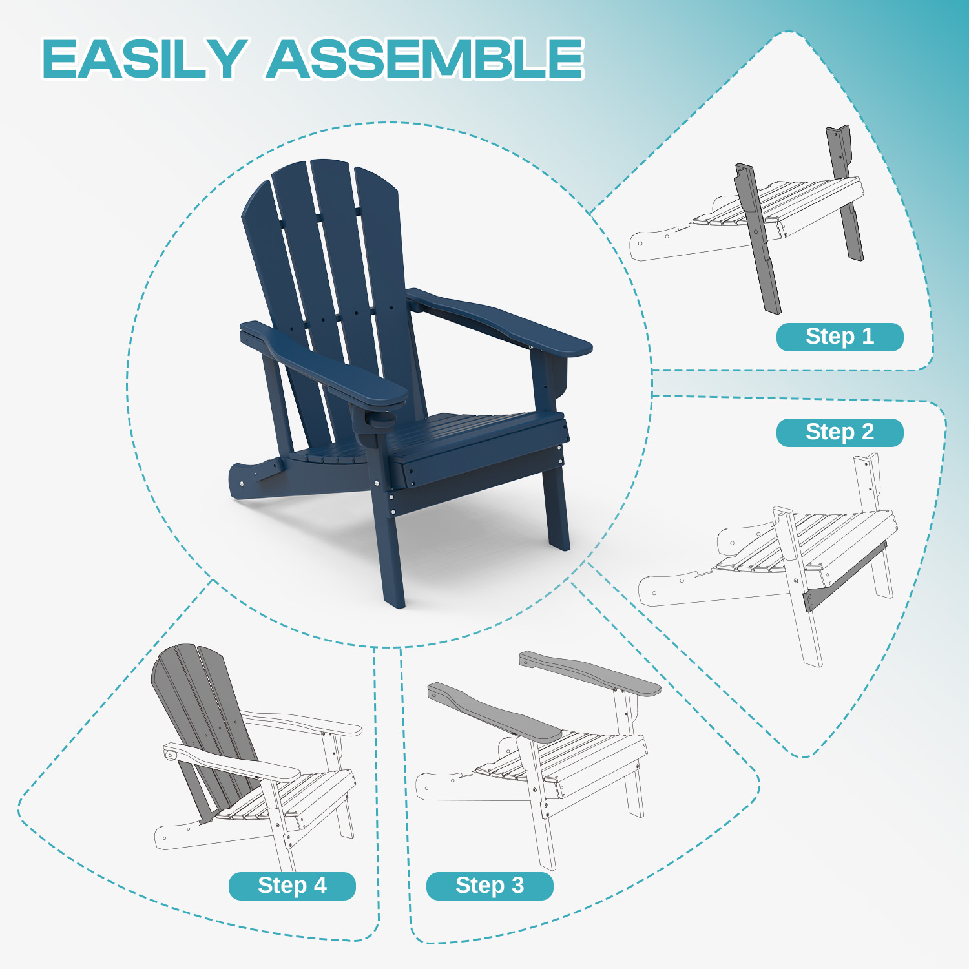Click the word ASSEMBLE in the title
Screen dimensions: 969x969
426,59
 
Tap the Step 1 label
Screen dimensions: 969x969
840,337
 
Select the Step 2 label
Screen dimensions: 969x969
840,432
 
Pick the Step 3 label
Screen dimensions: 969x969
490,886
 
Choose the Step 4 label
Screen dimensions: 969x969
292,886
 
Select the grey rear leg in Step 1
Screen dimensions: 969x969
845,193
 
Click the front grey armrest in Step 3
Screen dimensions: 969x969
494,712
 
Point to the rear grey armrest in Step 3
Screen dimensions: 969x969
590,672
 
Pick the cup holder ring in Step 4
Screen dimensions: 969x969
171,754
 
